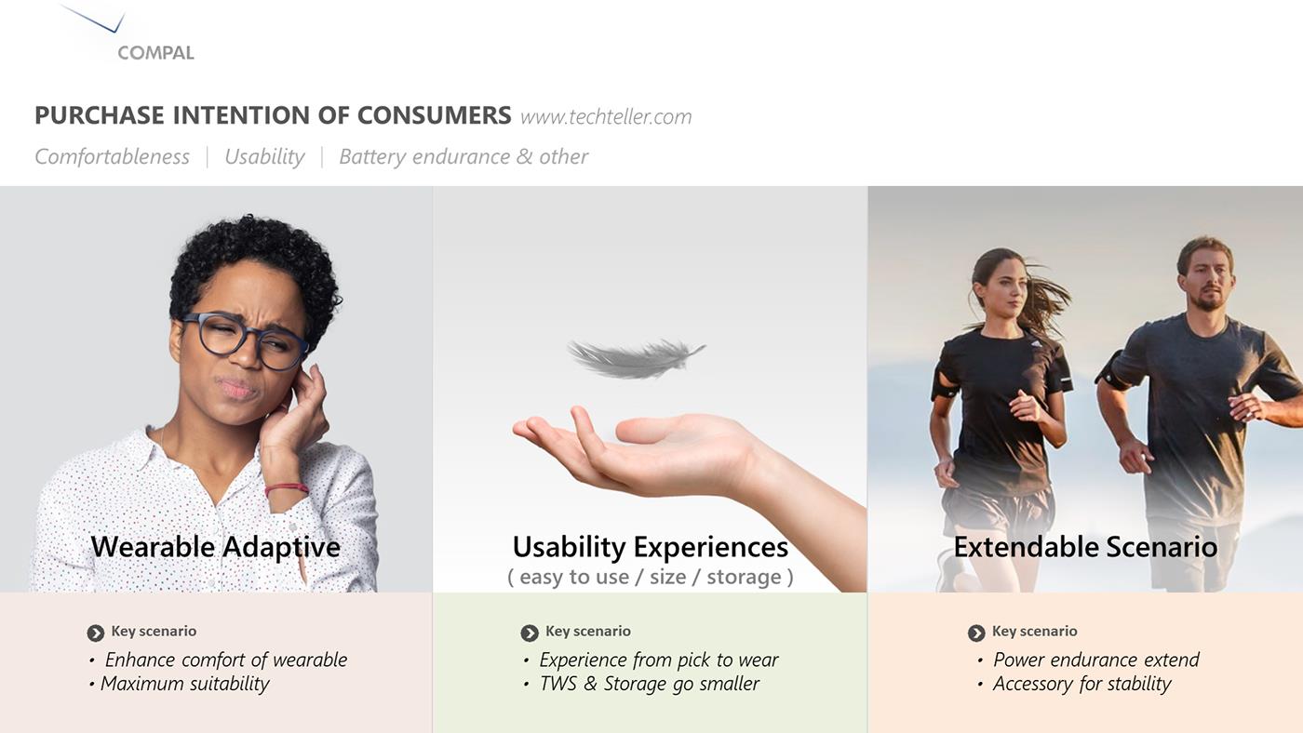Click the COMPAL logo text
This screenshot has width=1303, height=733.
(x=155, y=53)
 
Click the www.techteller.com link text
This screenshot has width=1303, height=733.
(x=606, y=116)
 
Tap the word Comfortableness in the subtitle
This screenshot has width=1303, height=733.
(x=112, y=156)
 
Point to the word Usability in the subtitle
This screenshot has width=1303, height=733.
(x=264, y=156)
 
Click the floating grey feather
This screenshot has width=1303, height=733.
(x=635, y=358)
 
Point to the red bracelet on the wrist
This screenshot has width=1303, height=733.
(x=286, y=488)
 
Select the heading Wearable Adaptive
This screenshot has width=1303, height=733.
(x=215, y=546)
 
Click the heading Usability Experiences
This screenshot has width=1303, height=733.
(x=650, y=546)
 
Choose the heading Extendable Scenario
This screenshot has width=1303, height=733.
(x=1085, y=546)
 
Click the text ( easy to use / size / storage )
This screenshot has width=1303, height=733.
(x=650, y=577)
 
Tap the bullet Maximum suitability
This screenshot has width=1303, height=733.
(x=184, y=684)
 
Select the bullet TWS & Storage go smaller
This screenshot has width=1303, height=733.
(x=649, y=684)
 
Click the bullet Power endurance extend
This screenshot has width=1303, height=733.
(x=1095, y=660)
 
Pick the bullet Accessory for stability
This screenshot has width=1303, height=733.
(x=1081, y=684)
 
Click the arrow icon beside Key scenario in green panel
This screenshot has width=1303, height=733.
(x=530, y=633)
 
